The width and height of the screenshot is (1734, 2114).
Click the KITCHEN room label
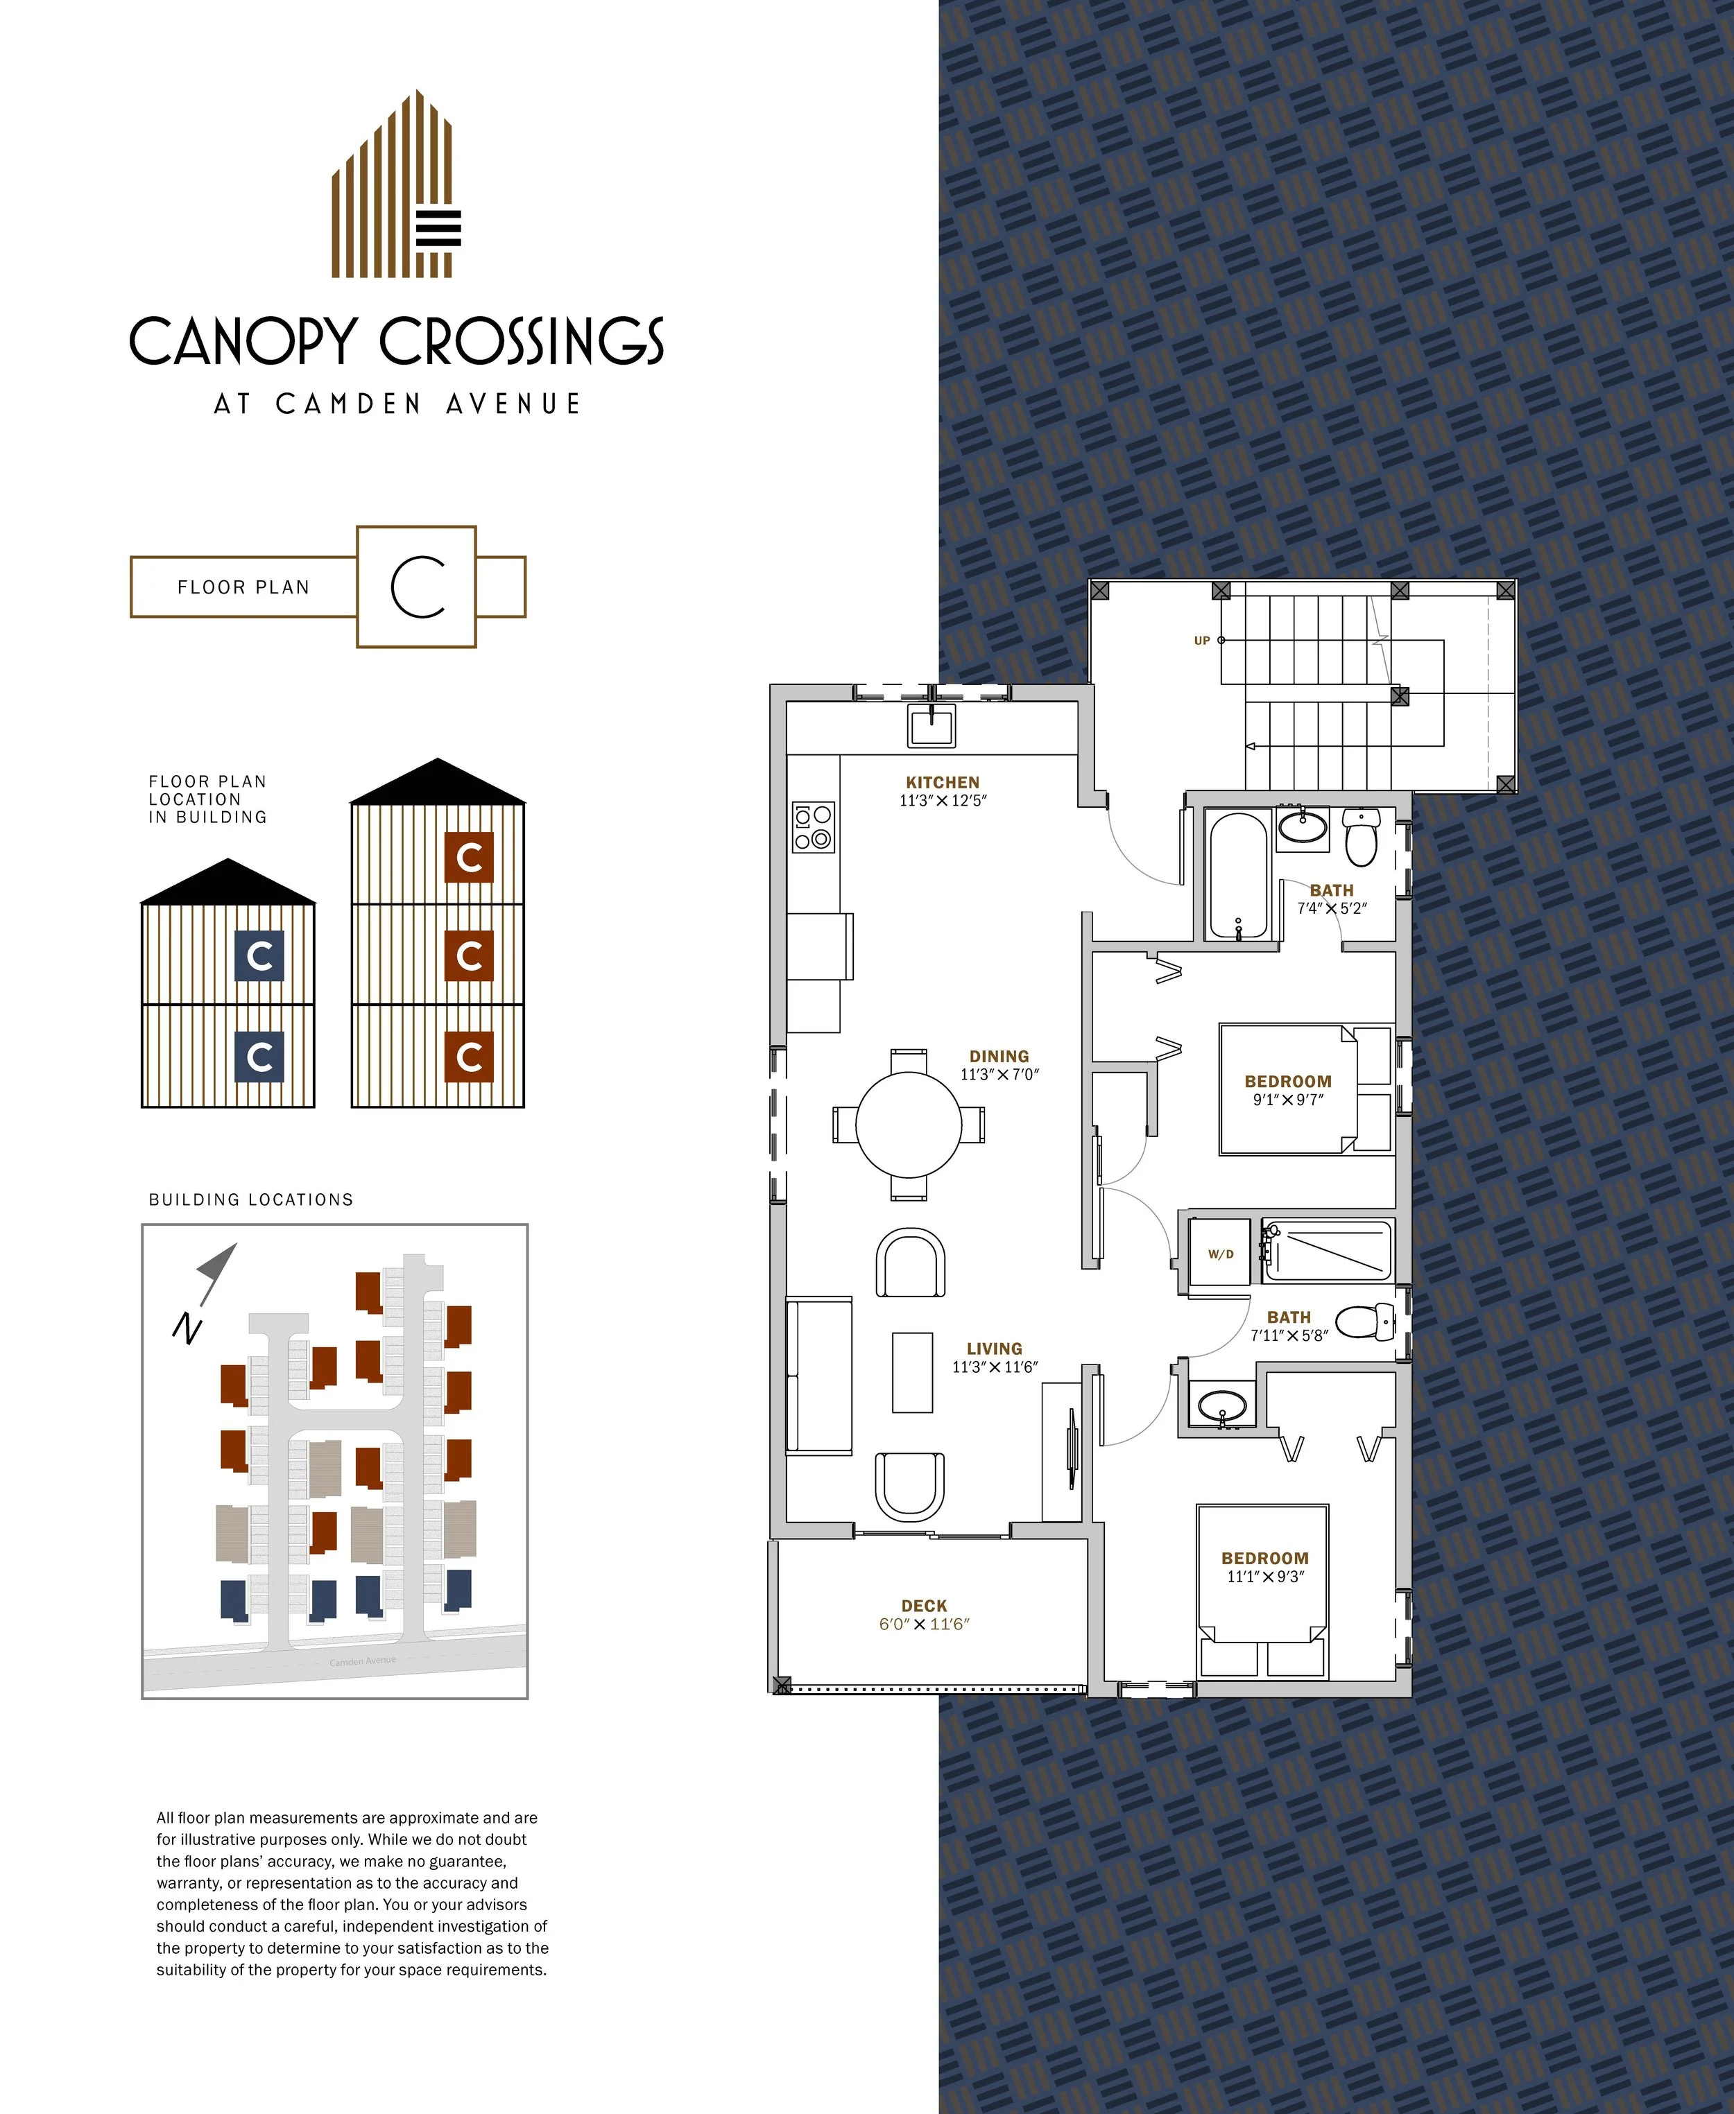point(942,782)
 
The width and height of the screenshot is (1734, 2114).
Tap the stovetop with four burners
point(813,828)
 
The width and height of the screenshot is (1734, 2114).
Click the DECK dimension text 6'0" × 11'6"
point(923,1624)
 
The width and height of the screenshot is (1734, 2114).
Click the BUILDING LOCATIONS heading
point(250,1199)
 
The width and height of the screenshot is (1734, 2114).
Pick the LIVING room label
point(994,1348)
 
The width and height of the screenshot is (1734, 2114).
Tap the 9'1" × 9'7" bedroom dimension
point(1287,1100)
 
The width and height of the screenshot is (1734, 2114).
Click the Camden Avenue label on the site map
point(363,1661)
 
